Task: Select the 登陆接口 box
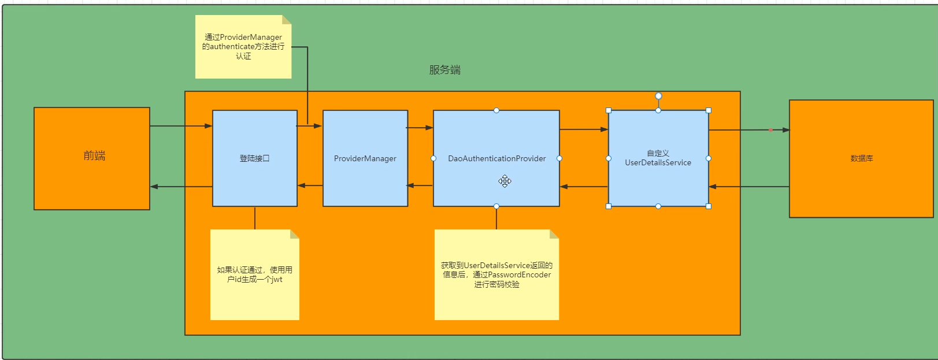[255, 158]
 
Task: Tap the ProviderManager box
[365, 158]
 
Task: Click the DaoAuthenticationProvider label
[496, 158]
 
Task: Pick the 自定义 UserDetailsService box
[658, 158]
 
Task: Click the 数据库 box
[861, 158]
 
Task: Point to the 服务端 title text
[444, 70]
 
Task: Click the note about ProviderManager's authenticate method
[243, 47]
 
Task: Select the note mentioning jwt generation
[255, 274]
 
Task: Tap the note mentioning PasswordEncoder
[496, 274]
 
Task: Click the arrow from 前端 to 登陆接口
[181, 126]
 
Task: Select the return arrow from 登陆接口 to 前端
[181, 187]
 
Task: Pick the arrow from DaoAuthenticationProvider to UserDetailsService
[584, 129]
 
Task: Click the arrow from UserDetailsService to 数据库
[749, 130]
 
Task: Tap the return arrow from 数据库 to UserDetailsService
[749, 187]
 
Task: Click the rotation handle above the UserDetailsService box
[658, 96]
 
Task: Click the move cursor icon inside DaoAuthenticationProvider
[505, 181]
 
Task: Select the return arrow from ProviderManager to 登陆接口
[310, 185]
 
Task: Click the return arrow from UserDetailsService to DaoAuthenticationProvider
[584, 187]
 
